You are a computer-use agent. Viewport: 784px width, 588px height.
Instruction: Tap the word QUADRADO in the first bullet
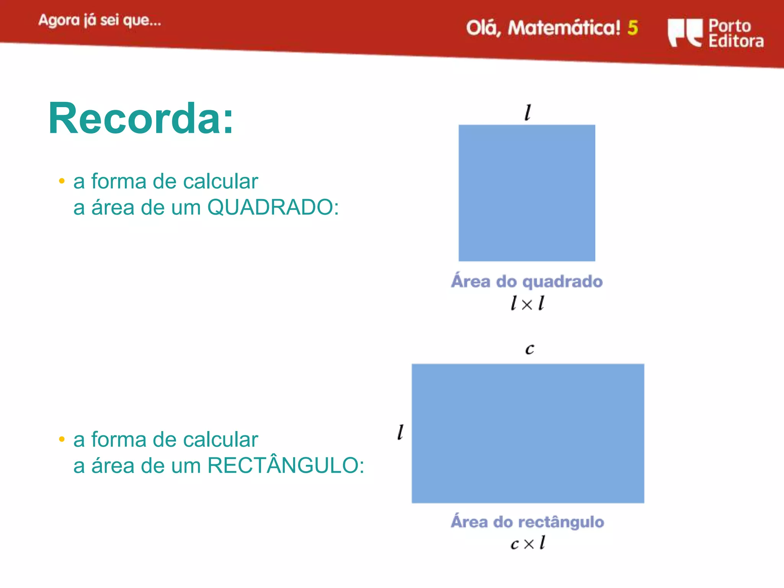(x=273, y=207)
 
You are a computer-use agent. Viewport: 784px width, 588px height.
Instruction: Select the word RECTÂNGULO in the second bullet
(x=285, y=466)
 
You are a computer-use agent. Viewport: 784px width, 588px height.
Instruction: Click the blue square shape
(x=527, y=193)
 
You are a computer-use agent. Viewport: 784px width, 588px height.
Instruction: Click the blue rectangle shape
(x=528, y=433)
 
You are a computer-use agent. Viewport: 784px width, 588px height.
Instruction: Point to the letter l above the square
(x=528, y=113)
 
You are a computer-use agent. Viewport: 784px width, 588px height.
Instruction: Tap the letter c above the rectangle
(x=529, y=349)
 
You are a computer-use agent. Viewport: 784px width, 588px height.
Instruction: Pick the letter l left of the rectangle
(x=400, y=432)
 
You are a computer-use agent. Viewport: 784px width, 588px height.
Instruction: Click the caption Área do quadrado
(x=527, y=281)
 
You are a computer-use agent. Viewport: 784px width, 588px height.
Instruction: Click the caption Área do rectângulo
(x=527, y=522)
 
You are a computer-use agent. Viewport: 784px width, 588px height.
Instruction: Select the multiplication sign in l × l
(x=527, y=305)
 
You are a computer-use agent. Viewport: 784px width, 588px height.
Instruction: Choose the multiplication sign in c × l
(x=529, y=544)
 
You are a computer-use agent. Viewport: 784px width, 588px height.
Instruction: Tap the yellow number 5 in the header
(x=632, y=28)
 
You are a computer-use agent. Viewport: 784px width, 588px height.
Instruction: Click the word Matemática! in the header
(x=564, y=28)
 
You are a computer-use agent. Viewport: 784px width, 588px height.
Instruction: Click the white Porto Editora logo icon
(x=685, y=33)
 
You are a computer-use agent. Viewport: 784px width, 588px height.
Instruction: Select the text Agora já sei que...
(x=100, y=20)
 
